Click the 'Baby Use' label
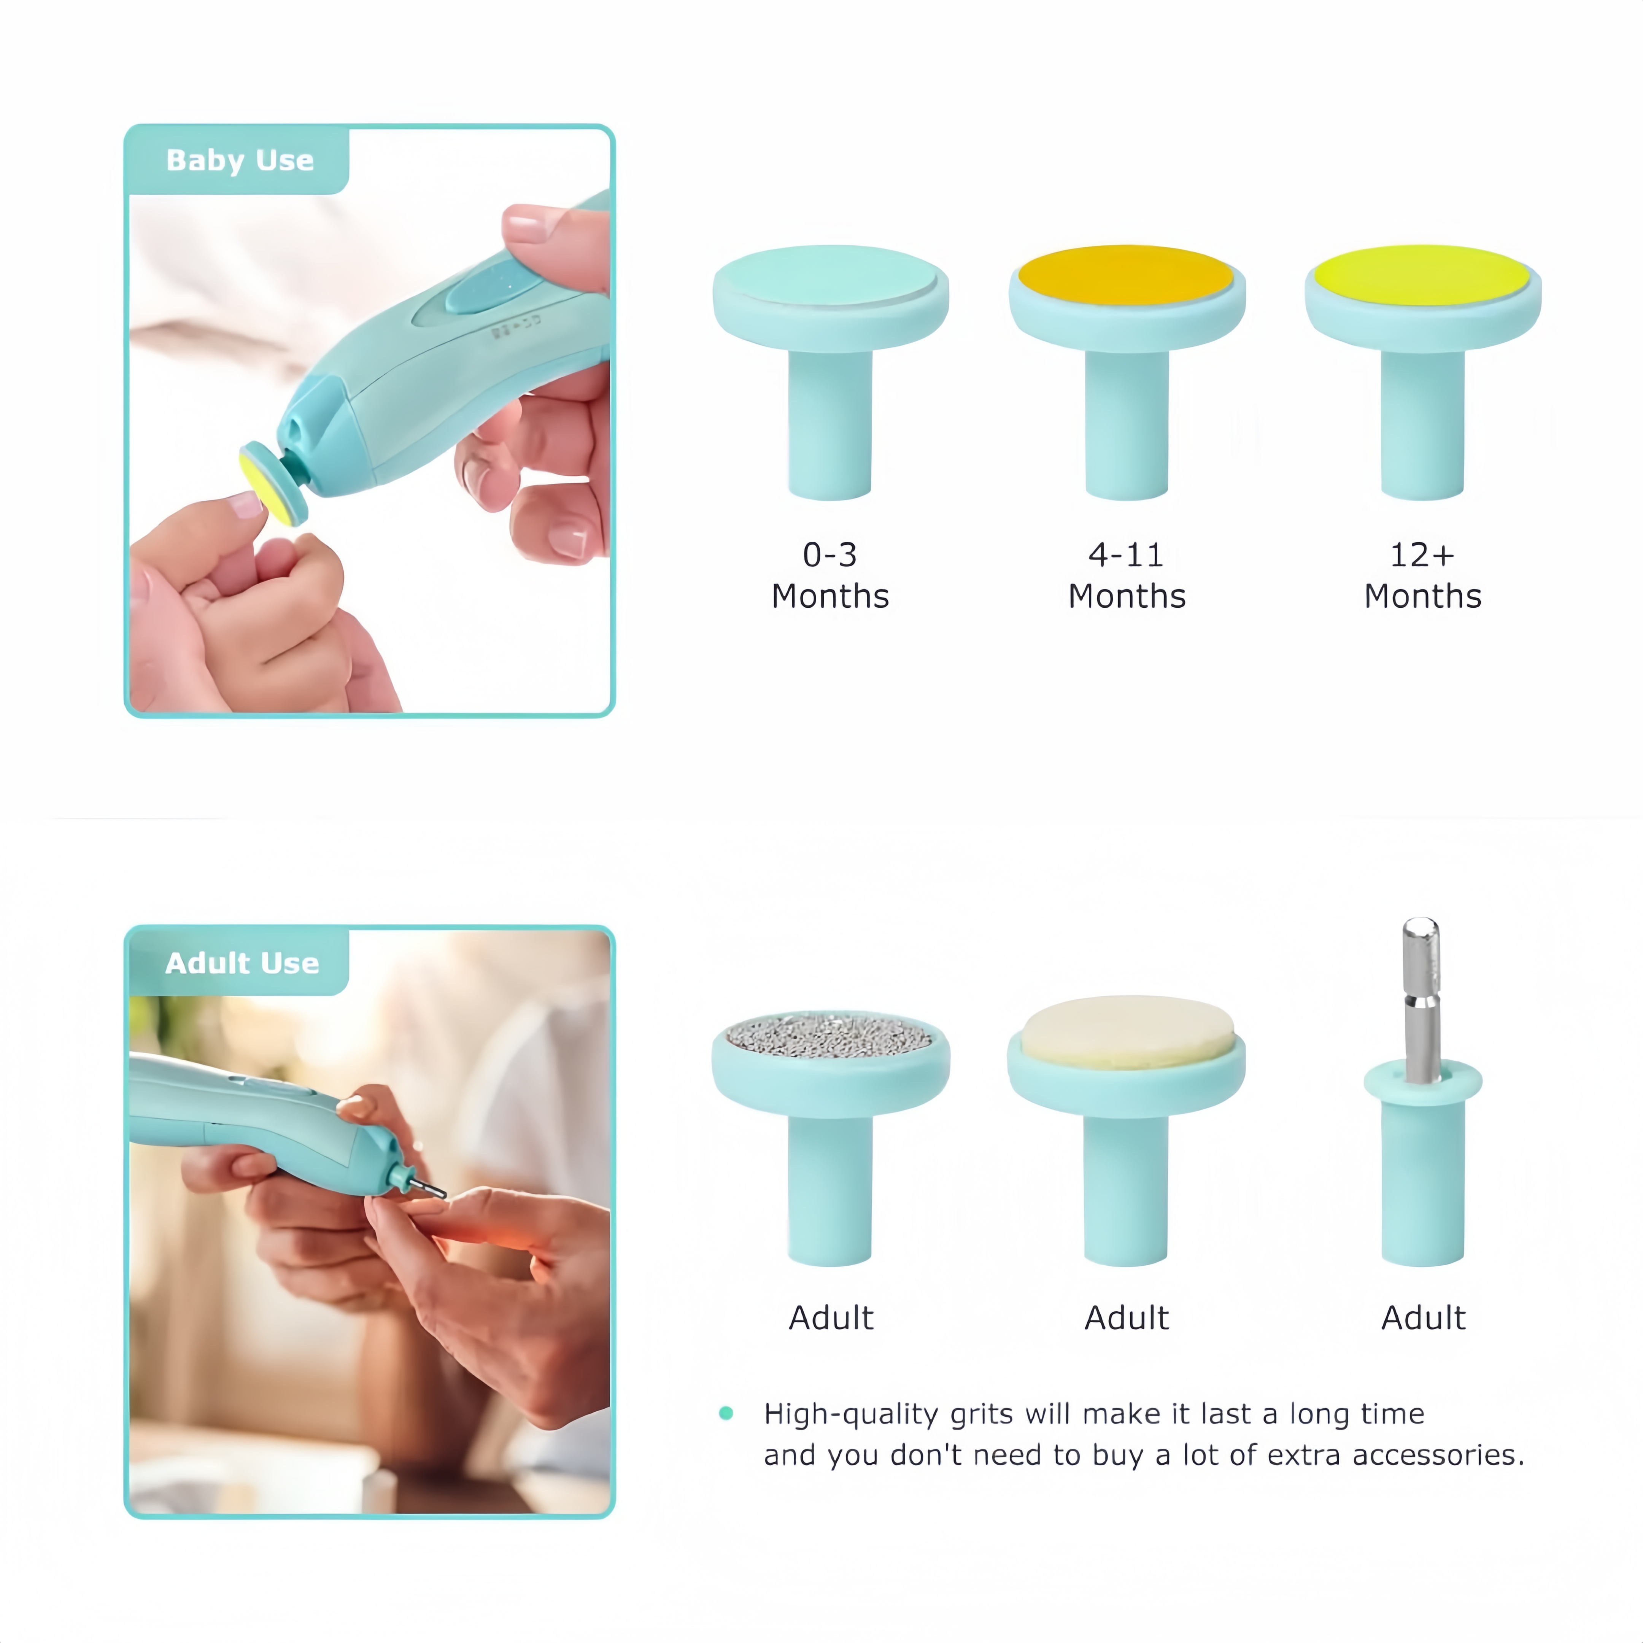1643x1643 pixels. coord(240,160)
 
